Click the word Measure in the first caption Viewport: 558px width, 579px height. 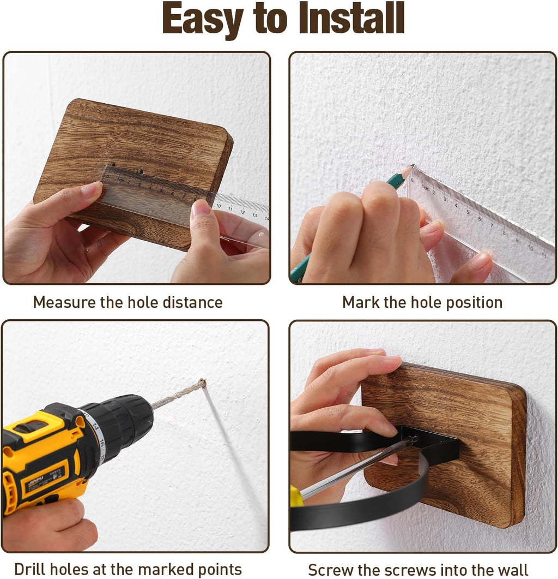pos(64,302)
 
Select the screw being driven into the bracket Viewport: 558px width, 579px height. pos(413,439)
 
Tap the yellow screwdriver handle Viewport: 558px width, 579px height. pos(296,497)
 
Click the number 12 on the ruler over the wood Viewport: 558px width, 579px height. pos(242,212)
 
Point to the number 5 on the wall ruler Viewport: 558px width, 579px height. pos(468,212)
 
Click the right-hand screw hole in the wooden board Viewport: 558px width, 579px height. pos(141,171)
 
